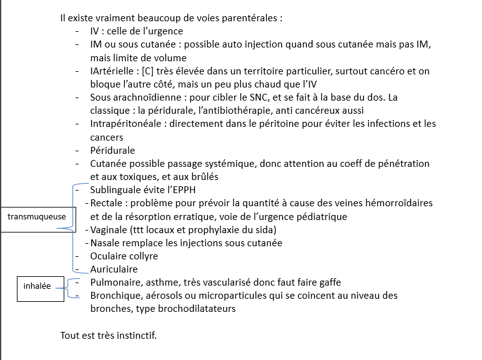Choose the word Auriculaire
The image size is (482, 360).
click(x=114, y=269)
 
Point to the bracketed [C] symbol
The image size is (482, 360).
click(x=149, y=71)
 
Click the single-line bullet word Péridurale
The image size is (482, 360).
click(x=112, y=151)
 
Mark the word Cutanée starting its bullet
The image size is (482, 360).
click(x=109, y=164)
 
